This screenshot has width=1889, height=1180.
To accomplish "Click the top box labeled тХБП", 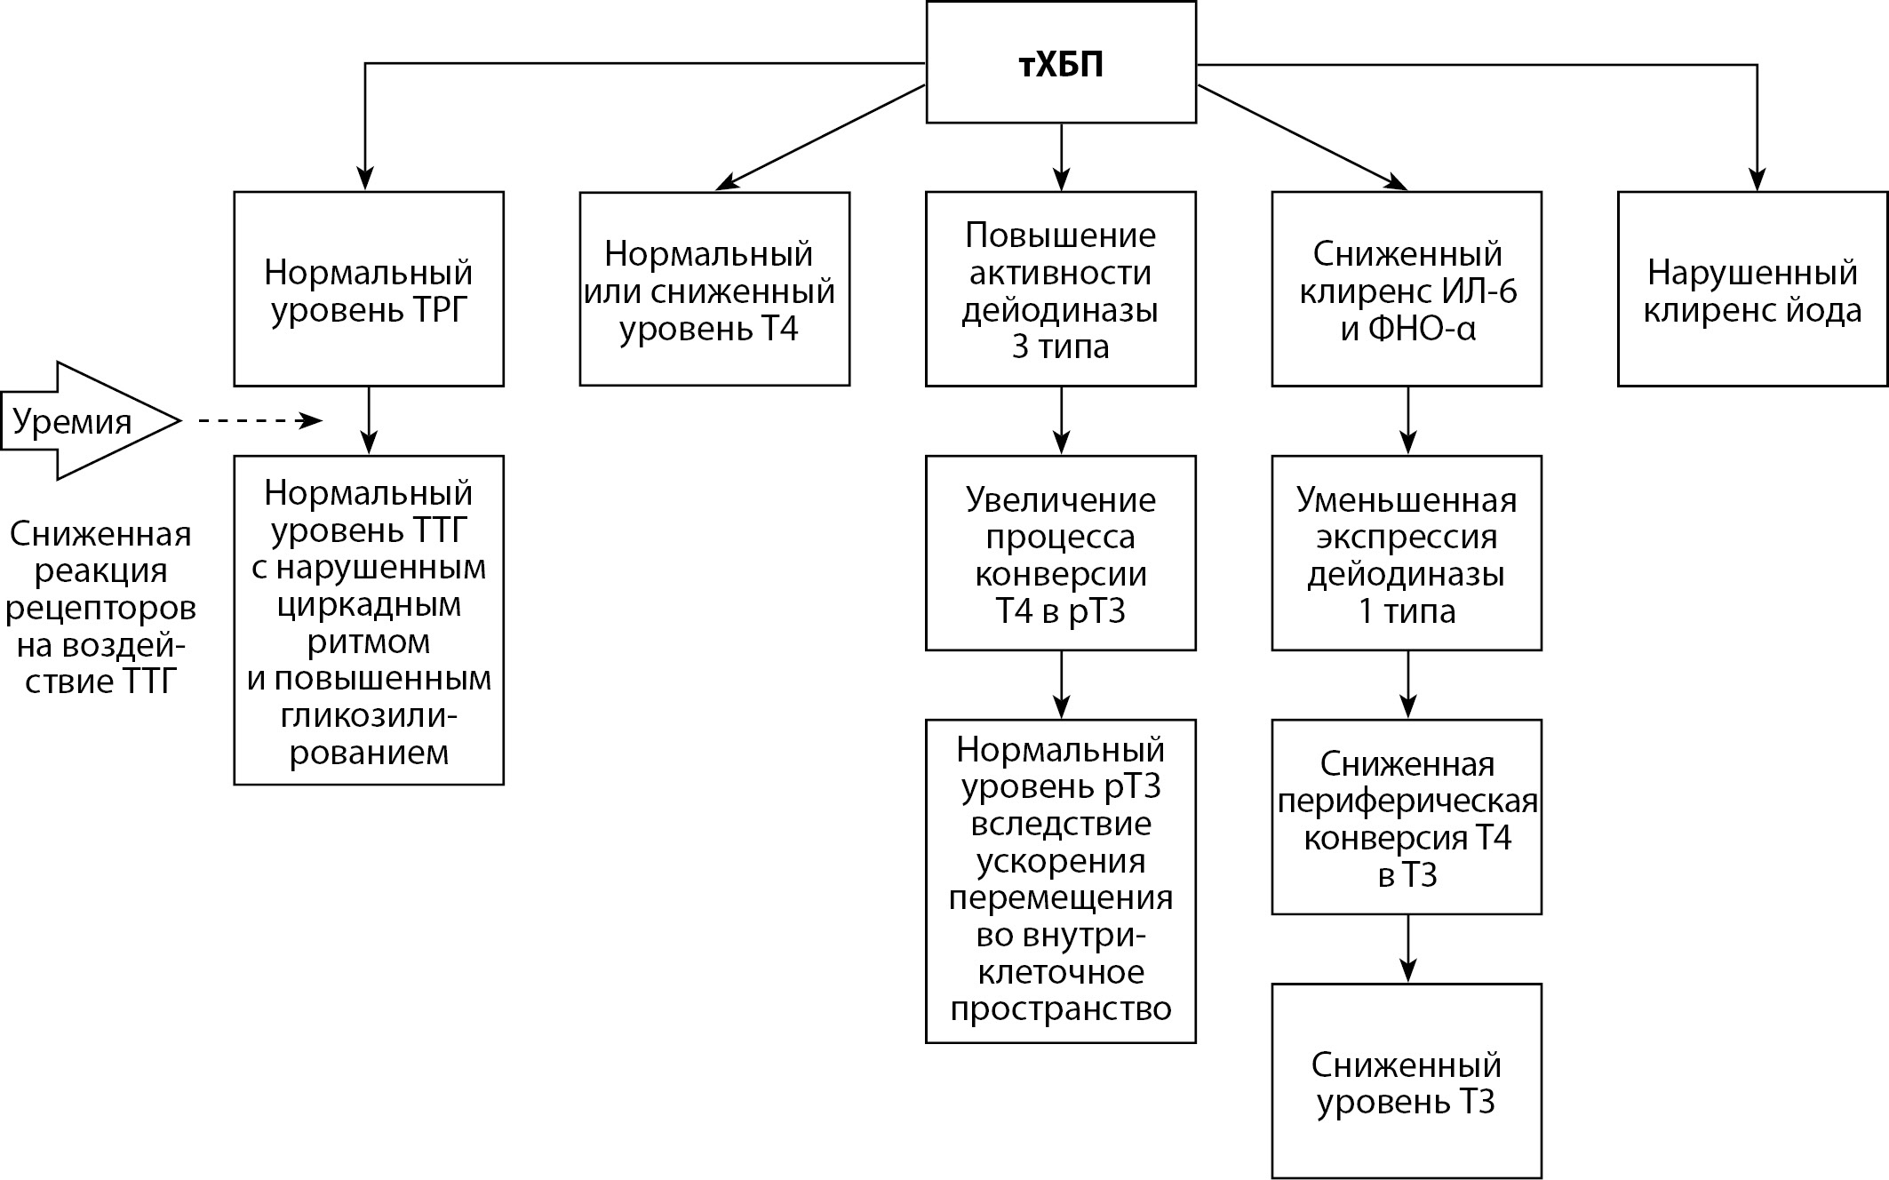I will click(1061, 62).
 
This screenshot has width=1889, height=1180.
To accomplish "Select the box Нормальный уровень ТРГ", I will click(369, 289).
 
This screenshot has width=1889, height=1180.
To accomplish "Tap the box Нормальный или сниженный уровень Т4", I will click(714, 289).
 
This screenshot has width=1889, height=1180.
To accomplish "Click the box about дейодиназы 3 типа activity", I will click(1061, 289).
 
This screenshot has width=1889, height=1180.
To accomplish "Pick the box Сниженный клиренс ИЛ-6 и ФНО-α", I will click(1407, 289).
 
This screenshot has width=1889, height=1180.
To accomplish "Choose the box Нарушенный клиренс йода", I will click(1752, 289).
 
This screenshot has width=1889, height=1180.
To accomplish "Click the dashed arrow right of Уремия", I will click(258, 420).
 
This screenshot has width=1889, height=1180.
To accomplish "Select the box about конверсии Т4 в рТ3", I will click(1061, 553).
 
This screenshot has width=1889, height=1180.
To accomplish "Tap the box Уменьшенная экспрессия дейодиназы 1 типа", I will click(1407, 553).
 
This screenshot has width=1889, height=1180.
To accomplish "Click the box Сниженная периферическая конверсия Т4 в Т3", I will click(1407, 817).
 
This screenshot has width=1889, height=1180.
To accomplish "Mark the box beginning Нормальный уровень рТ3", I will click(1061, 881).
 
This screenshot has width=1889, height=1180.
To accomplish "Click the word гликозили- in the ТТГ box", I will click(369, 715).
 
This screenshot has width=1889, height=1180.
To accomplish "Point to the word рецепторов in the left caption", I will click(100, 609).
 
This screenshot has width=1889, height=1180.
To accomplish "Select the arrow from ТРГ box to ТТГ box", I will click(369, 420).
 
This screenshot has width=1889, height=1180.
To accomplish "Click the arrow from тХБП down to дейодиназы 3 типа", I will click(1061, 156).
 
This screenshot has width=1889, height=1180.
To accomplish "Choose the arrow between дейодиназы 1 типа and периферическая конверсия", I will click(1407, 684).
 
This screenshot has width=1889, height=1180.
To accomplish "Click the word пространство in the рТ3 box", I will click(1061, 1009).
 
